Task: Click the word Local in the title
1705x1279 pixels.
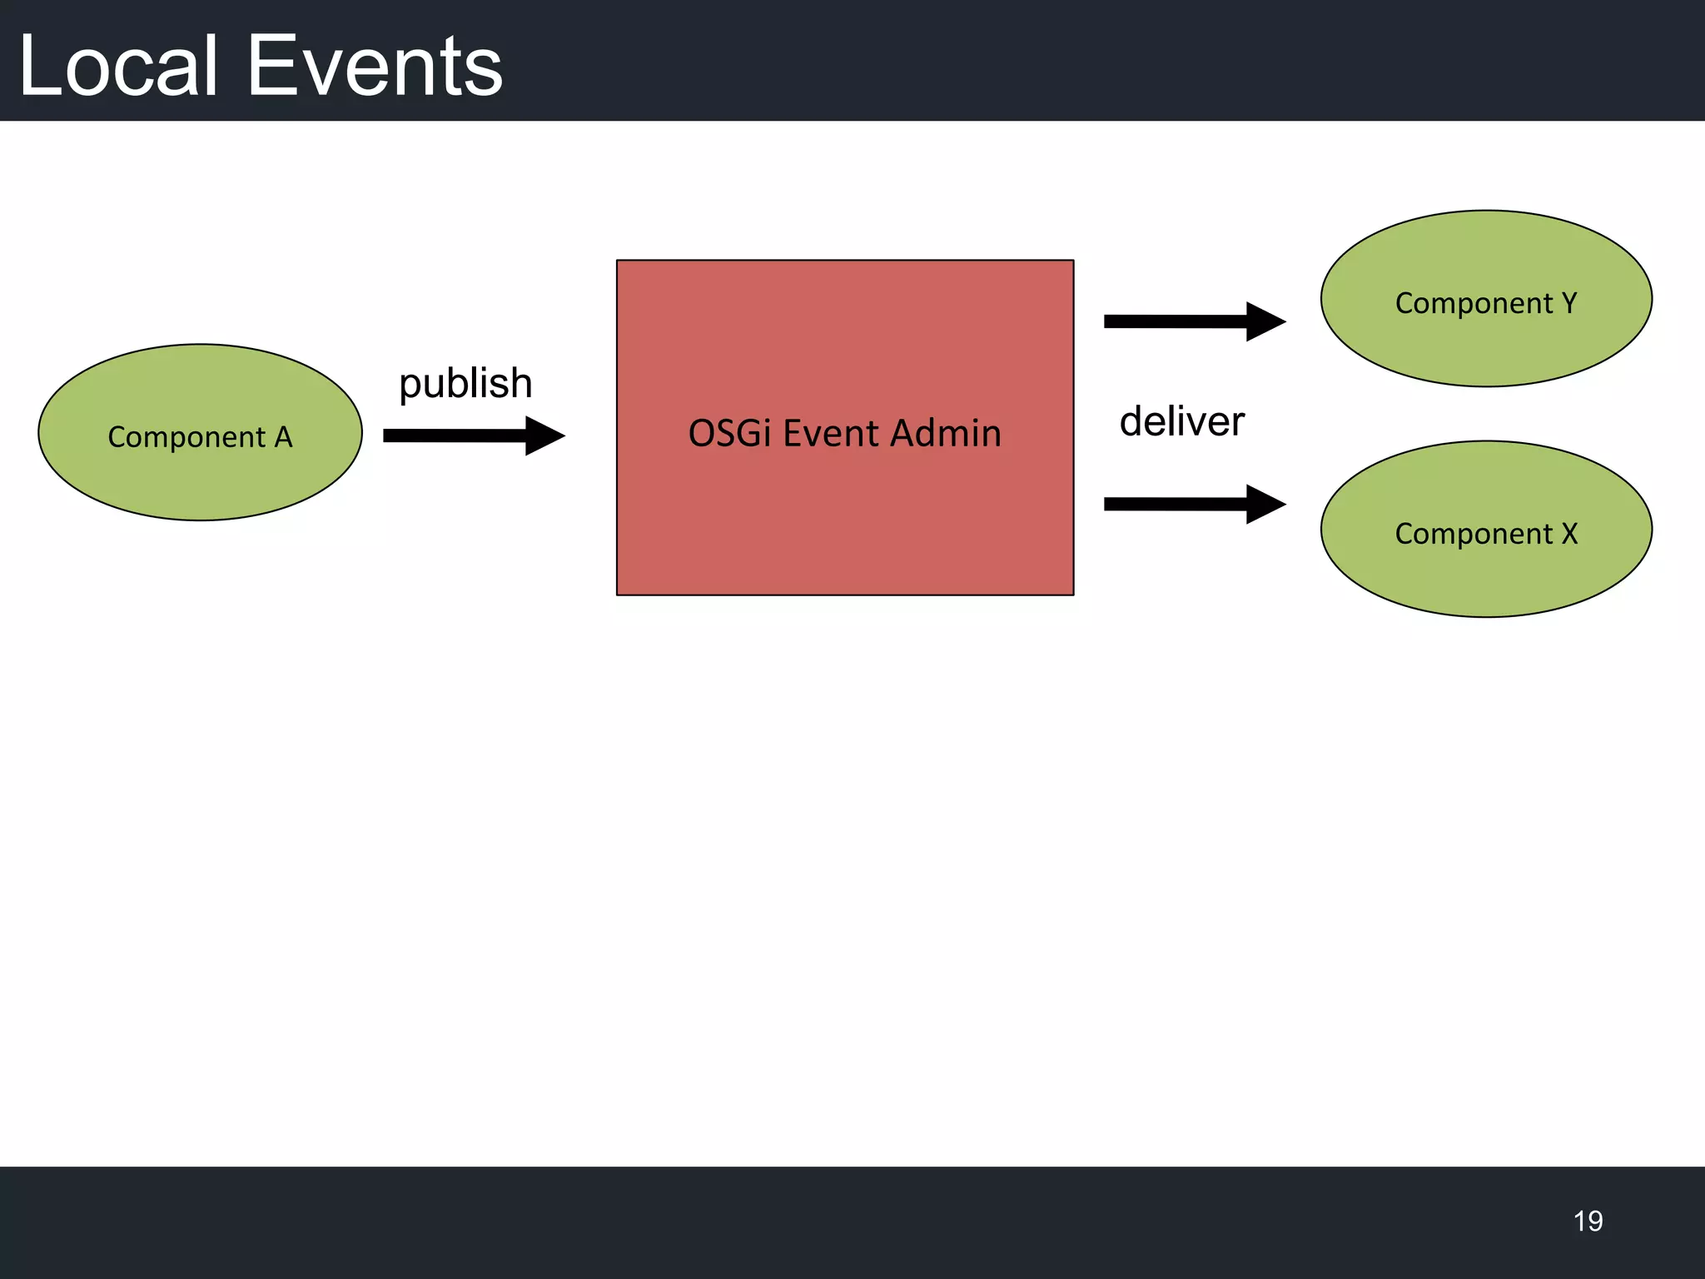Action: coord(118,67)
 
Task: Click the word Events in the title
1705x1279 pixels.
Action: coord(375,67)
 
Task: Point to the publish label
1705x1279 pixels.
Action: coord(465,384)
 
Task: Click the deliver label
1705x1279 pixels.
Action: coord(1181,421)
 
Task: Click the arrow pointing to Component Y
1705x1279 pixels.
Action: coord(1182,321)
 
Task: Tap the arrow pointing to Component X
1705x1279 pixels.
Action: coord(1182,504)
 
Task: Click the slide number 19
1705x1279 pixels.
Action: coord(1588,1221)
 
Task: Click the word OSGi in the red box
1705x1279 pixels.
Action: coord(729,434)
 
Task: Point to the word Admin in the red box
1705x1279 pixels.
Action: coord(945,434)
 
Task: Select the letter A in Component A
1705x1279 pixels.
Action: coord(283,437)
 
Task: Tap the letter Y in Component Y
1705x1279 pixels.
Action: coord(1569,303)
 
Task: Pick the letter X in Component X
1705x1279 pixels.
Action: coord(1569,534)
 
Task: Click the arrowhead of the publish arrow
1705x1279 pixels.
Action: coord(544,435)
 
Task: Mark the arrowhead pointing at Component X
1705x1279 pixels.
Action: coord(1265,504)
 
